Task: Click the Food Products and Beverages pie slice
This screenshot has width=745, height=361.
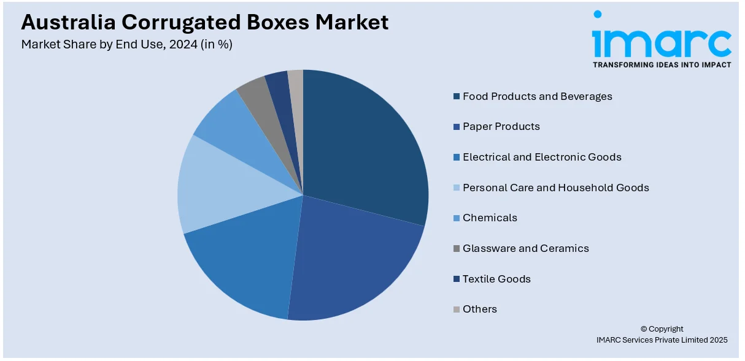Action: point(362,147)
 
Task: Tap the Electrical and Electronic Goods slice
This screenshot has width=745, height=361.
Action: point(245,257)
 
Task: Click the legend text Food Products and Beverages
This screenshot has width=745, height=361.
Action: point(537,96)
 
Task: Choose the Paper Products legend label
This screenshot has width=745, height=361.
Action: point(501,126)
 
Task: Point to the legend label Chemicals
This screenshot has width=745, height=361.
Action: point(490,218)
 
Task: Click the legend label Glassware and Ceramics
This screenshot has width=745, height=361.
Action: point(525,248)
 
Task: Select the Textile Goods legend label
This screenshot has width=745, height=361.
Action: point(496,279)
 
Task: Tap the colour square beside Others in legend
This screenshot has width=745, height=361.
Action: point(456,310)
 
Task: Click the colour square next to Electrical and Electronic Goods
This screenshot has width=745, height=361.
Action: point(456,158)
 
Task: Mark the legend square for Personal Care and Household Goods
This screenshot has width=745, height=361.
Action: point(456,188)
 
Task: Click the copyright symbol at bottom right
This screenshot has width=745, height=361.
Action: point(644,329)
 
